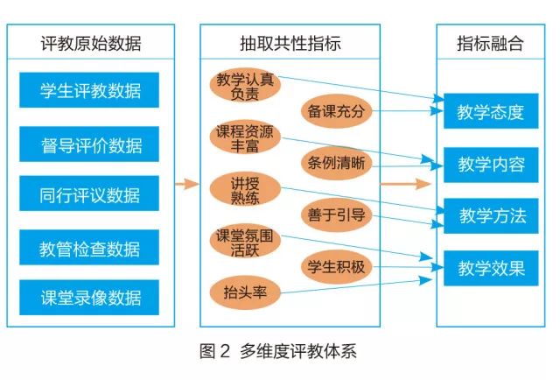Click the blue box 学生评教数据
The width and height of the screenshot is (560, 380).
(x=89, y=89)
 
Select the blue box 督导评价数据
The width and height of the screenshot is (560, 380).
(x=89, y=144)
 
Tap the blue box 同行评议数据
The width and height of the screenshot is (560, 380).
(x=89, y=194)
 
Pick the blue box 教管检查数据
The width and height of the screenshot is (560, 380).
(x=89, y=248)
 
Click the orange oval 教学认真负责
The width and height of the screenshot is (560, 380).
(x=245, y=86)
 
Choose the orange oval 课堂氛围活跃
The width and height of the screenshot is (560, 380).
(x=245, y=242)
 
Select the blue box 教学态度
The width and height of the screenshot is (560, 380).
(x=491, y=112)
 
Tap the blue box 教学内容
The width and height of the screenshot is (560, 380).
(x=491, y=164)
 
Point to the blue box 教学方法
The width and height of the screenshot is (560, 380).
(x=491, y=215)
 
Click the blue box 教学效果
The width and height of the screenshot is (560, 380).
(x=491, y=268)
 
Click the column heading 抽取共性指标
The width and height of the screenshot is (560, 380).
(x=290, y=44)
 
